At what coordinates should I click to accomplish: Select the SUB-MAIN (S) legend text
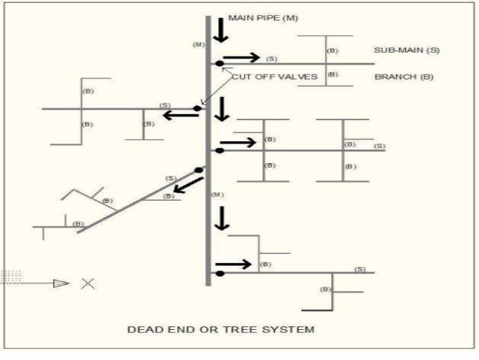point(406,50)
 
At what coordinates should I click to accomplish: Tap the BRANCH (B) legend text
point(403,77)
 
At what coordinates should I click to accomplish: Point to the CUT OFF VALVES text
point(274,77)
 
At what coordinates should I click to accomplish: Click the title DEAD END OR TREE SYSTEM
point(220,329)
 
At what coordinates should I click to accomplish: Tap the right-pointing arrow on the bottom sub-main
point(234,265)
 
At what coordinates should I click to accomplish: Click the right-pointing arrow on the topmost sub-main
point(242,57)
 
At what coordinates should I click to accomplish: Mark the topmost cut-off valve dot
point(219,64)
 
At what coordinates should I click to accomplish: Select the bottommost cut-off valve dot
point(219,273)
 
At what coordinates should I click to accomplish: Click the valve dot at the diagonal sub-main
point(198,171)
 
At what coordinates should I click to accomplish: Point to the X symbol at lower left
point(88,283)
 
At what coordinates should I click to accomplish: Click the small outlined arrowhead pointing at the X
point(61,283)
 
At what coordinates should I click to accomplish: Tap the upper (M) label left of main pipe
point(198,45)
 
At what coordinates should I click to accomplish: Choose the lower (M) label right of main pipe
point(218,195)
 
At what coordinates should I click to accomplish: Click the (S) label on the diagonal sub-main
point(170,178)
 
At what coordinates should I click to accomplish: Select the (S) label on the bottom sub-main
point(360,268)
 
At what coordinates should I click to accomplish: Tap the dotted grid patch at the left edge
point(12,276)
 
